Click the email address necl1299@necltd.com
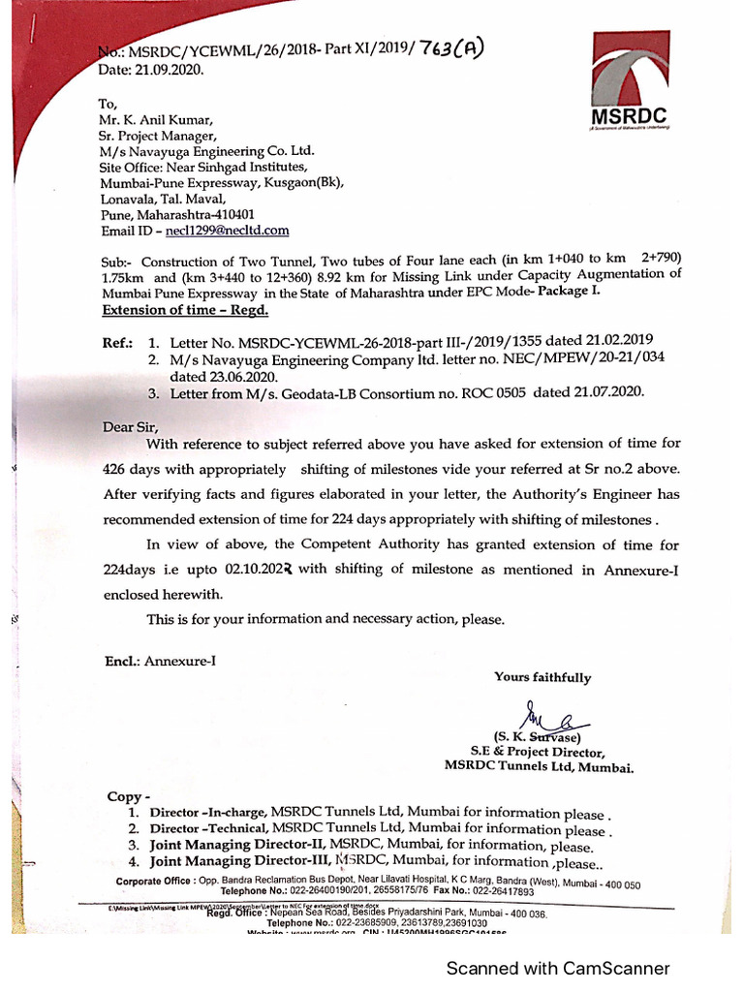click(228, 231)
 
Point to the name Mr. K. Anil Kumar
click(158, 120)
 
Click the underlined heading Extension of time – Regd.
click(185, 310)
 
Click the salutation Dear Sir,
click(130, 426)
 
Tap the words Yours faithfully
click(542, 677)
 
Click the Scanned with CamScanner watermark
click(557, 968)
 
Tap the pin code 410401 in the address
click(233, 214)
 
